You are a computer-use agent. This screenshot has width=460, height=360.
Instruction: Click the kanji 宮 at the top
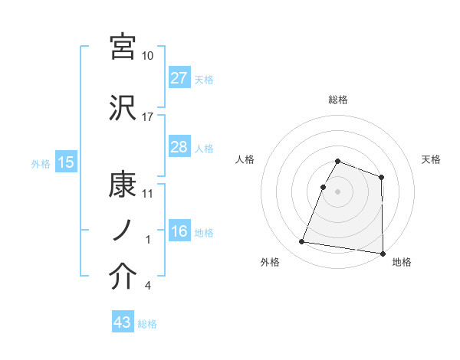point(123,47)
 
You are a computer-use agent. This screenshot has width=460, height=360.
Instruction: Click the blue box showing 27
point(179,78)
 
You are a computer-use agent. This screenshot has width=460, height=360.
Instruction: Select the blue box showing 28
point(179,147)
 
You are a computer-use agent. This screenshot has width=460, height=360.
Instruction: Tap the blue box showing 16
point(179,231)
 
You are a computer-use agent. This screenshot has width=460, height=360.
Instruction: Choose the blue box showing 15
point(66,162)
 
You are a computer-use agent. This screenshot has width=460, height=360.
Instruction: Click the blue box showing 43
point(123,322)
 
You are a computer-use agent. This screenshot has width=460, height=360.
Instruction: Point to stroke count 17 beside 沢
point(148,117)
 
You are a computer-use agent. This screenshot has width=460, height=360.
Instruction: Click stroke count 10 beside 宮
point(148,56)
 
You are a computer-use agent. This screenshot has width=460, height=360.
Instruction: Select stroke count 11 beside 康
point(148,193)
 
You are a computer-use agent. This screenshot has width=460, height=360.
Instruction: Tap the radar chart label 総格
point(338,100)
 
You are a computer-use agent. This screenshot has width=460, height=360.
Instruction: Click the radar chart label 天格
point(432,159)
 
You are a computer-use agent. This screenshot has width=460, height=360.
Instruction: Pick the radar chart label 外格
point(270,262)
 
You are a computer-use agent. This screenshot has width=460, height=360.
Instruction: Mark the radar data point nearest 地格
point(383,253)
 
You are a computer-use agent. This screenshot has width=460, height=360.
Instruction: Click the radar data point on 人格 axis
point(324,187)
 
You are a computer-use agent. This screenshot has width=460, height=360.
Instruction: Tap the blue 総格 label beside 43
point(148,324)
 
